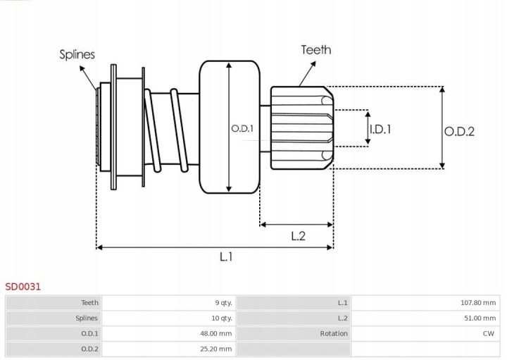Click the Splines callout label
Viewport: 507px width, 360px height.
click(77, 54)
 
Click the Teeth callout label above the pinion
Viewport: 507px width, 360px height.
click(316, 50)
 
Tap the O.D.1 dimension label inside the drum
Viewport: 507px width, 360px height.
click(242, 129)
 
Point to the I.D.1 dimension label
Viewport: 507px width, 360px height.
click(380, 130)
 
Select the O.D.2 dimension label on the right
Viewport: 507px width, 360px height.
click(459, 132)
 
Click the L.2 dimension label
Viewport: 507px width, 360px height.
click(298, 236)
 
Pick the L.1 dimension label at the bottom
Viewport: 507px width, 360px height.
click(226, 257)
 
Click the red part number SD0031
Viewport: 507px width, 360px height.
click(23, 287)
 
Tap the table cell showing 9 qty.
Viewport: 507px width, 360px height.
click(223, 303)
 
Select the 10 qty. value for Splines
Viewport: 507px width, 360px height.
click(222, 318)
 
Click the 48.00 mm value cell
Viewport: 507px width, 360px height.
click(215, 333)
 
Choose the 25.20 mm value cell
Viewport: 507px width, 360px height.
click(215, 349)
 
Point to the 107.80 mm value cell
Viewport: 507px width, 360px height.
click(478, 303)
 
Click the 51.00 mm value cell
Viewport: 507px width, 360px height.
click(480, 318)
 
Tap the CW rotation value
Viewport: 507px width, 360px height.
click(489, 333)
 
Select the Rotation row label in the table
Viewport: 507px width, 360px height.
click(334, 333)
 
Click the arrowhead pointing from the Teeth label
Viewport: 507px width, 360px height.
click(313, 63)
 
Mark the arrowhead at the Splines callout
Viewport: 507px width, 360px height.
click(82, 68)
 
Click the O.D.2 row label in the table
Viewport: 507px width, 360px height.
click(89, 349)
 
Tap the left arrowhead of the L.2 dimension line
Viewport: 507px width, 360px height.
click(263, 225)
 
